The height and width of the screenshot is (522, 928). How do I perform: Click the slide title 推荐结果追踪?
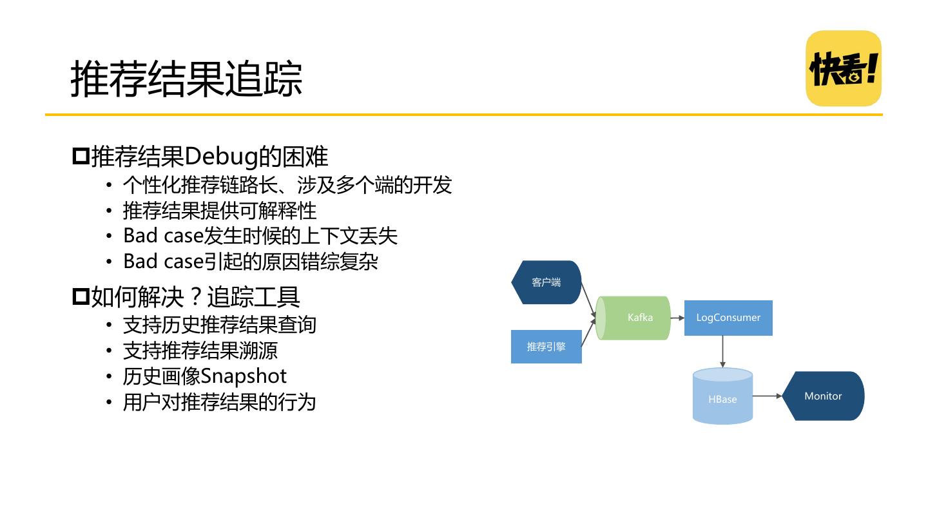coord(186,79)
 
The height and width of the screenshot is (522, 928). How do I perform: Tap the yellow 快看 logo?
coord(844,68)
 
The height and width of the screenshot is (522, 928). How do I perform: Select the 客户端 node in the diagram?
coord(546,282)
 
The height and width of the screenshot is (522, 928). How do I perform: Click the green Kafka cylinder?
coord(634,318)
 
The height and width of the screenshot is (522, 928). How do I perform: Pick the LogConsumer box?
coord(728,318)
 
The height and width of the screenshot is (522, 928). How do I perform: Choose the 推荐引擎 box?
coord(546,347)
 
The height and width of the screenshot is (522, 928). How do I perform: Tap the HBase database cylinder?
coord(722,397)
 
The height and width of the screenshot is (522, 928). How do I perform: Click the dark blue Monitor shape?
coord(823,396)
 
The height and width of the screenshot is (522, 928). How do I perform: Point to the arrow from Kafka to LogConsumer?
coord(677,318)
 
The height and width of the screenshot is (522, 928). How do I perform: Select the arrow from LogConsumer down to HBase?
coord(723,351)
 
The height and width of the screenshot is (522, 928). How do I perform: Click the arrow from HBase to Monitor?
coord(767,396)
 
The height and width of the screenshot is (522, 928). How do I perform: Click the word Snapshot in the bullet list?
coord(244,376)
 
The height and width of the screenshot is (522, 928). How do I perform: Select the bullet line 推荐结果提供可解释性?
coord(220,211)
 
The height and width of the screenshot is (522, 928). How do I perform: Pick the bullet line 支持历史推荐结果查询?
coord(220,324)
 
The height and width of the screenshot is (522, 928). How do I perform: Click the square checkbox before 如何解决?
coord(81,297)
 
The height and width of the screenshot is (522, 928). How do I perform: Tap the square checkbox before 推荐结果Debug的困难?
coord(81,157)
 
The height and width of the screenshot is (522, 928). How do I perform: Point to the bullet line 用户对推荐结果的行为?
coord(220,402)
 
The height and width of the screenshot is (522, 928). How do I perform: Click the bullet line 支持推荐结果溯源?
coord(200,351)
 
